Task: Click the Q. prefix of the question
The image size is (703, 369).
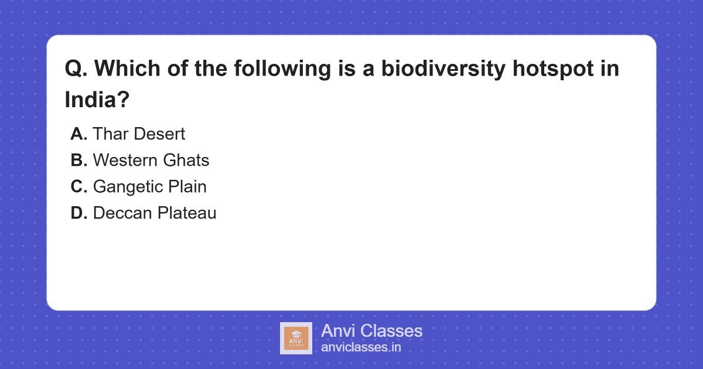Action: pyautogui.click(x=76, y=69)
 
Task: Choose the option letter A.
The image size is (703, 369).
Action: pyautogui.click(x=79, y=134)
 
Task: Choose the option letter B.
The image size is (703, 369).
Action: pyautogui.click(x=79, y=160)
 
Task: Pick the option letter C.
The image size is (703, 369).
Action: pyautogui.click(x=79, y=187)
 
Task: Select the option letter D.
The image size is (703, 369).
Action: pyautogui.click(x=79, y=213)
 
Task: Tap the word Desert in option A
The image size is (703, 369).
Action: pyautogui.click(x=159, y=134)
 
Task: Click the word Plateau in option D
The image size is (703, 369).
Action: pyautogui.click(x=187, y=213)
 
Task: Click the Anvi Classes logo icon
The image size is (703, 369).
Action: pyautogui.click(x=296, y=338)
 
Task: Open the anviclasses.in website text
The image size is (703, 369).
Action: pyautogui.click(x=361, y=347)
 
